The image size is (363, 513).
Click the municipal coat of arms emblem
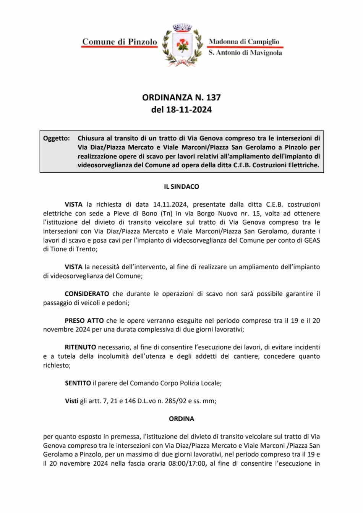[183, 45]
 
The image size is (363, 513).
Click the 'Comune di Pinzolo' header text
[120, 42]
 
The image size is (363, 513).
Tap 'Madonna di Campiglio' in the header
[244, 41]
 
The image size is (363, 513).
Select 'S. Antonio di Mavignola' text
[245, 53]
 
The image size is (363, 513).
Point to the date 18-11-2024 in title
[189, 110]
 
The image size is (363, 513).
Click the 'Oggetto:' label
[57, 138]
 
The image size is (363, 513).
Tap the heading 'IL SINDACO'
[181, 187]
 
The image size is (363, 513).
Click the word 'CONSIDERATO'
[87, 294]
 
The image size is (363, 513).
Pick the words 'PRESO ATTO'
[84, 320]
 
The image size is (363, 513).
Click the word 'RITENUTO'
[80, 347]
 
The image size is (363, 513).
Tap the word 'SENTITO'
[78, 383]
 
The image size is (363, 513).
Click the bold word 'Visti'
[71, 401]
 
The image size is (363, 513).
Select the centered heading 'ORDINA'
[181, 419]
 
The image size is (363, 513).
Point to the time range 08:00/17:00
[187, 464]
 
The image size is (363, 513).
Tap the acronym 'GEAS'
[312, 240]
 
